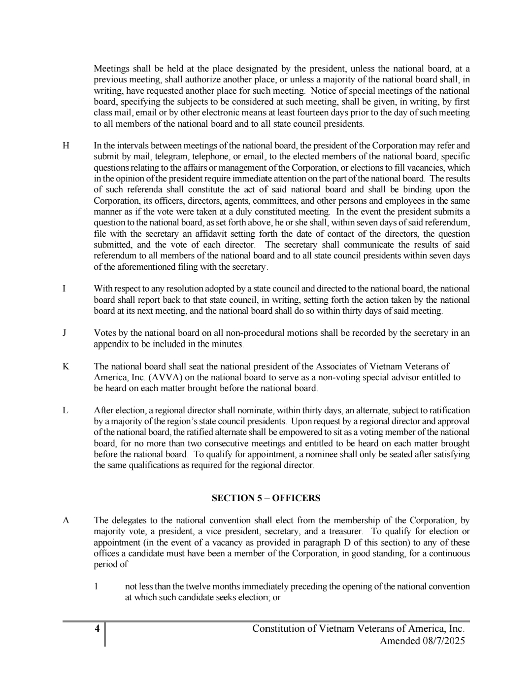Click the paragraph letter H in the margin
pyautogui.click(x=66, y=146)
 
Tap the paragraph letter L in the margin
pyautogui.click(x=65, y=411)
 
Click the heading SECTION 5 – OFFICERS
pyautogui.click(x=266, y=498)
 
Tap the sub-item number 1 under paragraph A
pyautogui.click(x=97, y=587)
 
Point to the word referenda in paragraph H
pyautogui.click(x=145, y=190)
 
